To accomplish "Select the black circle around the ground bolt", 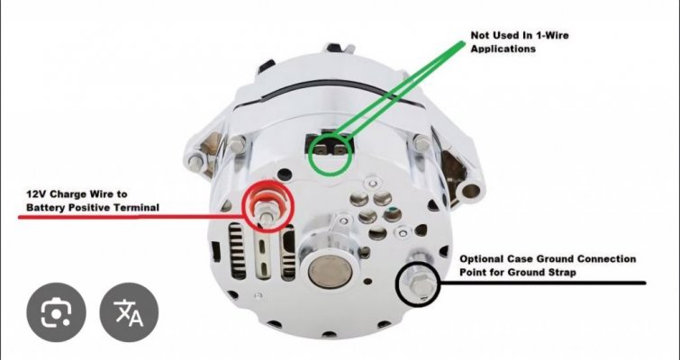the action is click(x=397, y=283).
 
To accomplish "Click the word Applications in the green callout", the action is click(x=503, y=49).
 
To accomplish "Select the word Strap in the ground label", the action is click(x=563, y=273).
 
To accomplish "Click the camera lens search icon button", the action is click(x=57, y=312).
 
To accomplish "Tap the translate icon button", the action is click(x=129, y=312).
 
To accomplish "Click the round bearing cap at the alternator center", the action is click(x=330, y=272).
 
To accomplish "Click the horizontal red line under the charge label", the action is click(x=130, y=216).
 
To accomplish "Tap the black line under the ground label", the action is click(x=543, y=283).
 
